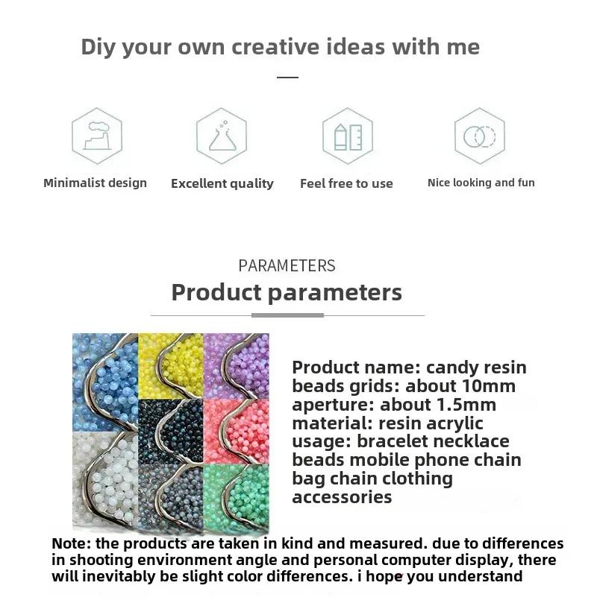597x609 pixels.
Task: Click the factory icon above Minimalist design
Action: point(97,136)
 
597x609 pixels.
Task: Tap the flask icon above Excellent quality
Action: point(222,136)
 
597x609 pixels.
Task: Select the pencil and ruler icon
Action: point(348,136)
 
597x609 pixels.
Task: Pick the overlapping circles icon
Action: point(480,136)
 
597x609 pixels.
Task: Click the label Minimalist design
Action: point(96,183)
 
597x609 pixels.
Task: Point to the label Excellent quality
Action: point(222,183)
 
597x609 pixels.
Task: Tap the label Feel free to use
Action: point(346,183)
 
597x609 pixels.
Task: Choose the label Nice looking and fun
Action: point(481,183)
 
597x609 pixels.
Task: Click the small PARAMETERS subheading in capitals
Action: point(287,266)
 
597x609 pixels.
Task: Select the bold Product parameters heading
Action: point(287,292)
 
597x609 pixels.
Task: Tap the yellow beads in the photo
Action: point(171,366)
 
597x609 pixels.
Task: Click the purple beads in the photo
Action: point(236,366)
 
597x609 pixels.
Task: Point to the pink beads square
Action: point(236,431)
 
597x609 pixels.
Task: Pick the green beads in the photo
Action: point(236,496)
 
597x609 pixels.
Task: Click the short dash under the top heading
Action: point(287,78)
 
